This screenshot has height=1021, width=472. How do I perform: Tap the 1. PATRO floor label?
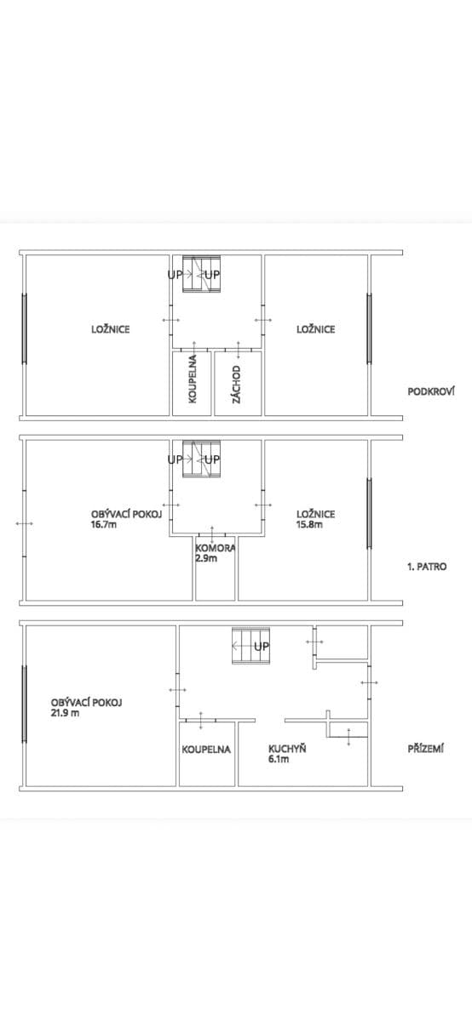pos(427,566)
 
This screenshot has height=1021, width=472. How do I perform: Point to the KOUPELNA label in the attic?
pos(193,379)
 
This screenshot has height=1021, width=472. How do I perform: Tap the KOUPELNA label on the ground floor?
pos(206,750)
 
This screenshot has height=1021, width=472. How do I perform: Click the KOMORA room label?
pos(215,549)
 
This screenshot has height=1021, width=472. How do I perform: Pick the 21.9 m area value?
pos(66,713)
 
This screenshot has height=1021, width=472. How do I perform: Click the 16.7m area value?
pos(104,525)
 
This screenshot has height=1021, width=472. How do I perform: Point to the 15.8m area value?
pos(309,524)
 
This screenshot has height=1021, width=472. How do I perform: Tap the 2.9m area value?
pos(206,559)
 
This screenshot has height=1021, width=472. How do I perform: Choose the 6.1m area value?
pos(279,759)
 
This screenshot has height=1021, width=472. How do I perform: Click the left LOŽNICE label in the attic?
pos(111,329)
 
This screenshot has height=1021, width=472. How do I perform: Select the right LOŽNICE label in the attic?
pos(315,329)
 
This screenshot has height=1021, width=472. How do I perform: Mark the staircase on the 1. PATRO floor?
pos(204,459)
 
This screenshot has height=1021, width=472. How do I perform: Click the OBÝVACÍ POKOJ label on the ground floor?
pos(87,703)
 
